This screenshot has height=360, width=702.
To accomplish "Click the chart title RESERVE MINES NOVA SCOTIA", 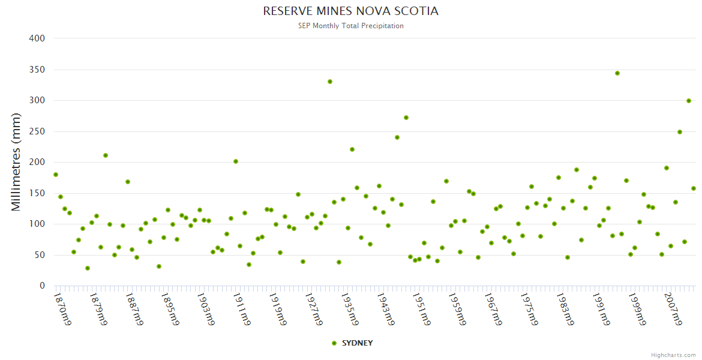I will (350, 11).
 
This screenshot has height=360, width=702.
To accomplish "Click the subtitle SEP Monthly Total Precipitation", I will (350, 26).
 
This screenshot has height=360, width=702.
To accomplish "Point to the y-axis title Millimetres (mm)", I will (17, 162).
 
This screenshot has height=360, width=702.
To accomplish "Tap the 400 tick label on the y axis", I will (37, 38).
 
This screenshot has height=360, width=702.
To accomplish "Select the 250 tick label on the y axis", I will (37, 131).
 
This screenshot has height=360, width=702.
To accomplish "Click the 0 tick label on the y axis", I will (42, 286).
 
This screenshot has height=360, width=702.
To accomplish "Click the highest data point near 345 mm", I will (617, 73).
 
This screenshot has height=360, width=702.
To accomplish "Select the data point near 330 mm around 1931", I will (329, 82).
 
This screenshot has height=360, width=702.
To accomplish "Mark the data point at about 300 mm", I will (689, 101).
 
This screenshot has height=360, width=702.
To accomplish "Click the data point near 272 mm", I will (406, 118).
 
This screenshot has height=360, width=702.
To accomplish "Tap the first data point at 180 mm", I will (56, 175).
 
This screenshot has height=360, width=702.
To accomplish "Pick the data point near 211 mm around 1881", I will (106, 155).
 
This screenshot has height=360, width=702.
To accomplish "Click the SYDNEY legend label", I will (357, 343).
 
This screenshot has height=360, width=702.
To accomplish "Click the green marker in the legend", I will (334, 343).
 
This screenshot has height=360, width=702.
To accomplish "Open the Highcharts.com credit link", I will (673, 355).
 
